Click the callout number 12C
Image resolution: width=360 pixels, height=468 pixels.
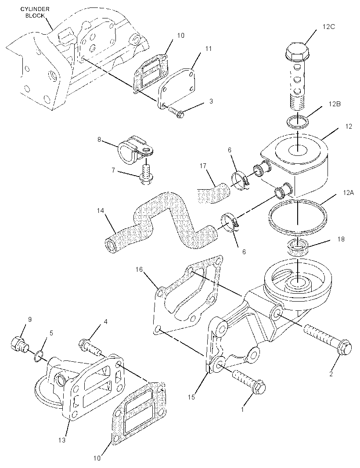329,27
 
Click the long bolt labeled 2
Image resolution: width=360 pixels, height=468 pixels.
328,340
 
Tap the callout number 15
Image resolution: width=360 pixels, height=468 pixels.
191,397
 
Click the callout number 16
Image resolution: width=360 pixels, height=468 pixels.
139,270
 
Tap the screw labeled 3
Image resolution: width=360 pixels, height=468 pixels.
176,112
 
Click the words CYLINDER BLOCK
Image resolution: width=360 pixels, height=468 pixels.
35,12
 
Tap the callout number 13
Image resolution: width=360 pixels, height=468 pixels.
62,440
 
